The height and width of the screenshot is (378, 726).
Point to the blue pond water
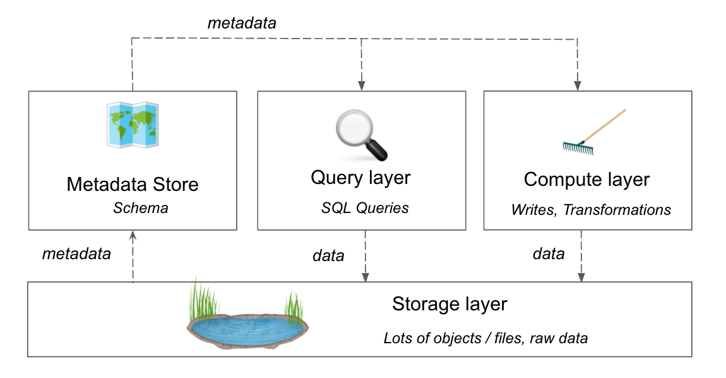coord(247,329)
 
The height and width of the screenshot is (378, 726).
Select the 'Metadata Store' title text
coord(133,185)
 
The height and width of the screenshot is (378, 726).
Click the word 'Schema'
coord(140,208)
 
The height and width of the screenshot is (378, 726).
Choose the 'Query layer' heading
coord(360,178)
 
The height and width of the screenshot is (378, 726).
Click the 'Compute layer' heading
coord(586,180)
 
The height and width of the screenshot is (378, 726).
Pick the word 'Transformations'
coord(617,209)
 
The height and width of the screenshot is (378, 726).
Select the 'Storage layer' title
coord(449,304)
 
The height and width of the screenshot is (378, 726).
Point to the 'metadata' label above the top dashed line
coord(242,23)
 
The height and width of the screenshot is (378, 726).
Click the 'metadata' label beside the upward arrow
coord(76,254)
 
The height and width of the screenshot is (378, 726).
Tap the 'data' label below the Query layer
coord(328,255)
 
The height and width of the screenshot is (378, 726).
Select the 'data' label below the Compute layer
coord(548,254)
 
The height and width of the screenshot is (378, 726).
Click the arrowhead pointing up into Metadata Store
coord(133,235)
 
